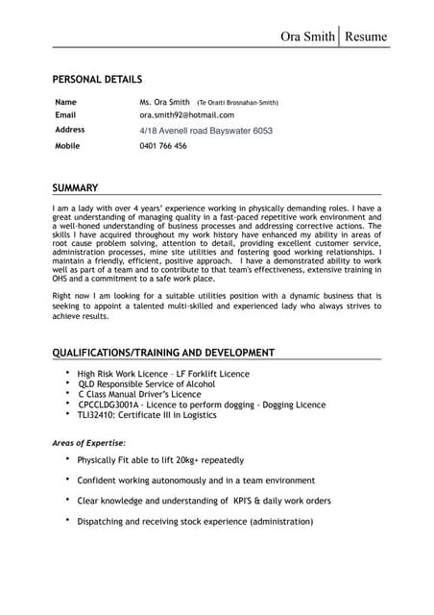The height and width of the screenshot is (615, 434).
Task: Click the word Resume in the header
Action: (367, 37)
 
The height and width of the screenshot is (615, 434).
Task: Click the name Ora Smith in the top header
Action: (307, 37)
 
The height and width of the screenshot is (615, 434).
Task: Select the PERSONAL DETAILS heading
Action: (97, 78)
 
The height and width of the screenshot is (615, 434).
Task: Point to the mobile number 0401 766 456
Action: (163, 146)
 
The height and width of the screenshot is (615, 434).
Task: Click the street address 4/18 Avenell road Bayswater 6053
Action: (205, 130)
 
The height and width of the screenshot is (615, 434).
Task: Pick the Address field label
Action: (70, 129)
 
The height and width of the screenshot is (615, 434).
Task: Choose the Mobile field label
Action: (67, 145)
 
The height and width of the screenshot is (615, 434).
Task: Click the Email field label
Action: (65, 114)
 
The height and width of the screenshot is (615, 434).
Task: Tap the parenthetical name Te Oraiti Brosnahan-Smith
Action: (238, 102)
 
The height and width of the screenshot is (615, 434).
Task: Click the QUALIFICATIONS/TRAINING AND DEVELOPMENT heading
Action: (163, 353)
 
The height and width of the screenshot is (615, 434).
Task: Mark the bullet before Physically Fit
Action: (67, 458)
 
